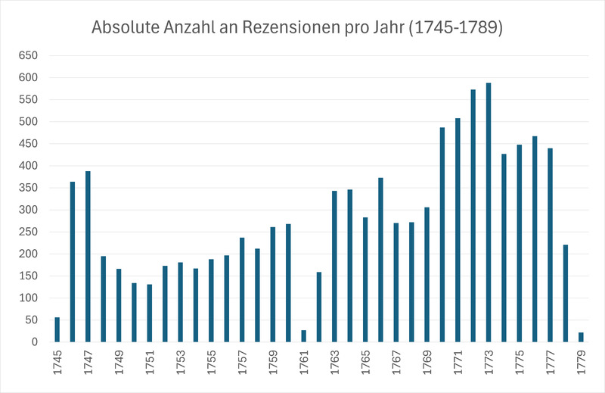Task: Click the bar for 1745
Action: [57, 329]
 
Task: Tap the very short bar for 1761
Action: [303, 336]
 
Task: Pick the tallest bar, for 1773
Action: [489, 212]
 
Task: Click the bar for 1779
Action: [581, 337]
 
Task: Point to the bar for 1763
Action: [334, 266]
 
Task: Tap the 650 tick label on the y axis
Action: [27, 56]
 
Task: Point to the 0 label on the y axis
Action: [33, 342]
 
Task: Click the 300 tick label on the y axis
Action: [27, 210]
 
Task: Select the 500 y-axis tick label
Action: [27, 122]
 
